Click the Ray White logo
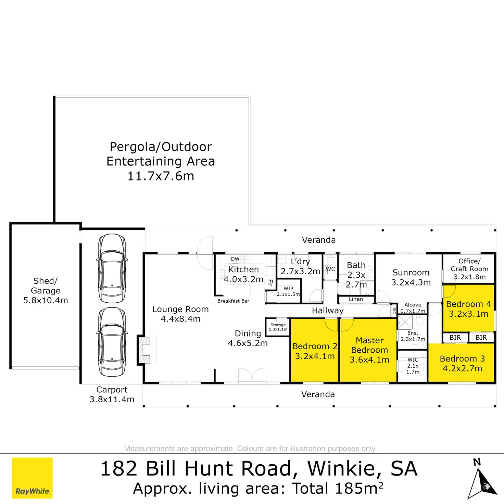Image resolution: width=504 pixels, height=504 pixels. click(x=32, y=478)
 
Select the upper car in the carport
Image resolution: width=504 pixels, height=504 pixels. click(x=112, y=268)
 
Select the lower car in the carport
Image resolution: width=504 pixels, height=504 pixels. click(x=112, y=342)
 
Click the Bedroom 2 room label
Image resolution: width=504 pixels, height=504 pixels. click(x=315, y=346)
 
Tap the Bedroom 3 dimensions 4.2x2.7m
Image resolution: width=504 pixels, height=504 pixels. click(x=462, y=368)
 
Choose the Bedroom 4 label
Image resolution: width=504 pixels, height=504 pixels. click(x=468, y=304)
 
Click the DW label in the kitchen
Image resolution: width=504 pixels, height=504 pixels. click(x=235, y=259)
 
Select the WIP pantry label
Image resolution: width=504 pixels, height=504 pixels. click(x=288, y=289)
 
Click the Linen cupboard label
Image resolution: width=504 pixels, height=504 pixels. click(x=356, y=299)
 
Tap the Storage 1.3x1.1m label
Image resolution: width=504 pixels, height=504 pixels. click(x=278, y=327)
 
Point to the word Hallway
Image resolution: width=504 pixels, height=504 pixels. click(x=328, y=311)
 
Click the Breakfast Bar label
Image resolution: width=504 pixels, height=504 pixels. click(x=233, y=301)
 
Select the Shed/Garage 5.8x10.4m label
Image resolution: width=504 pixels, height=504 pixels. click(x=46, y=291)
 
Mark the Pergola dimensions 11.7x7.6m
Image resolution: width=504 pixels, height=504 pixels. click(x=161, y=176)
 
